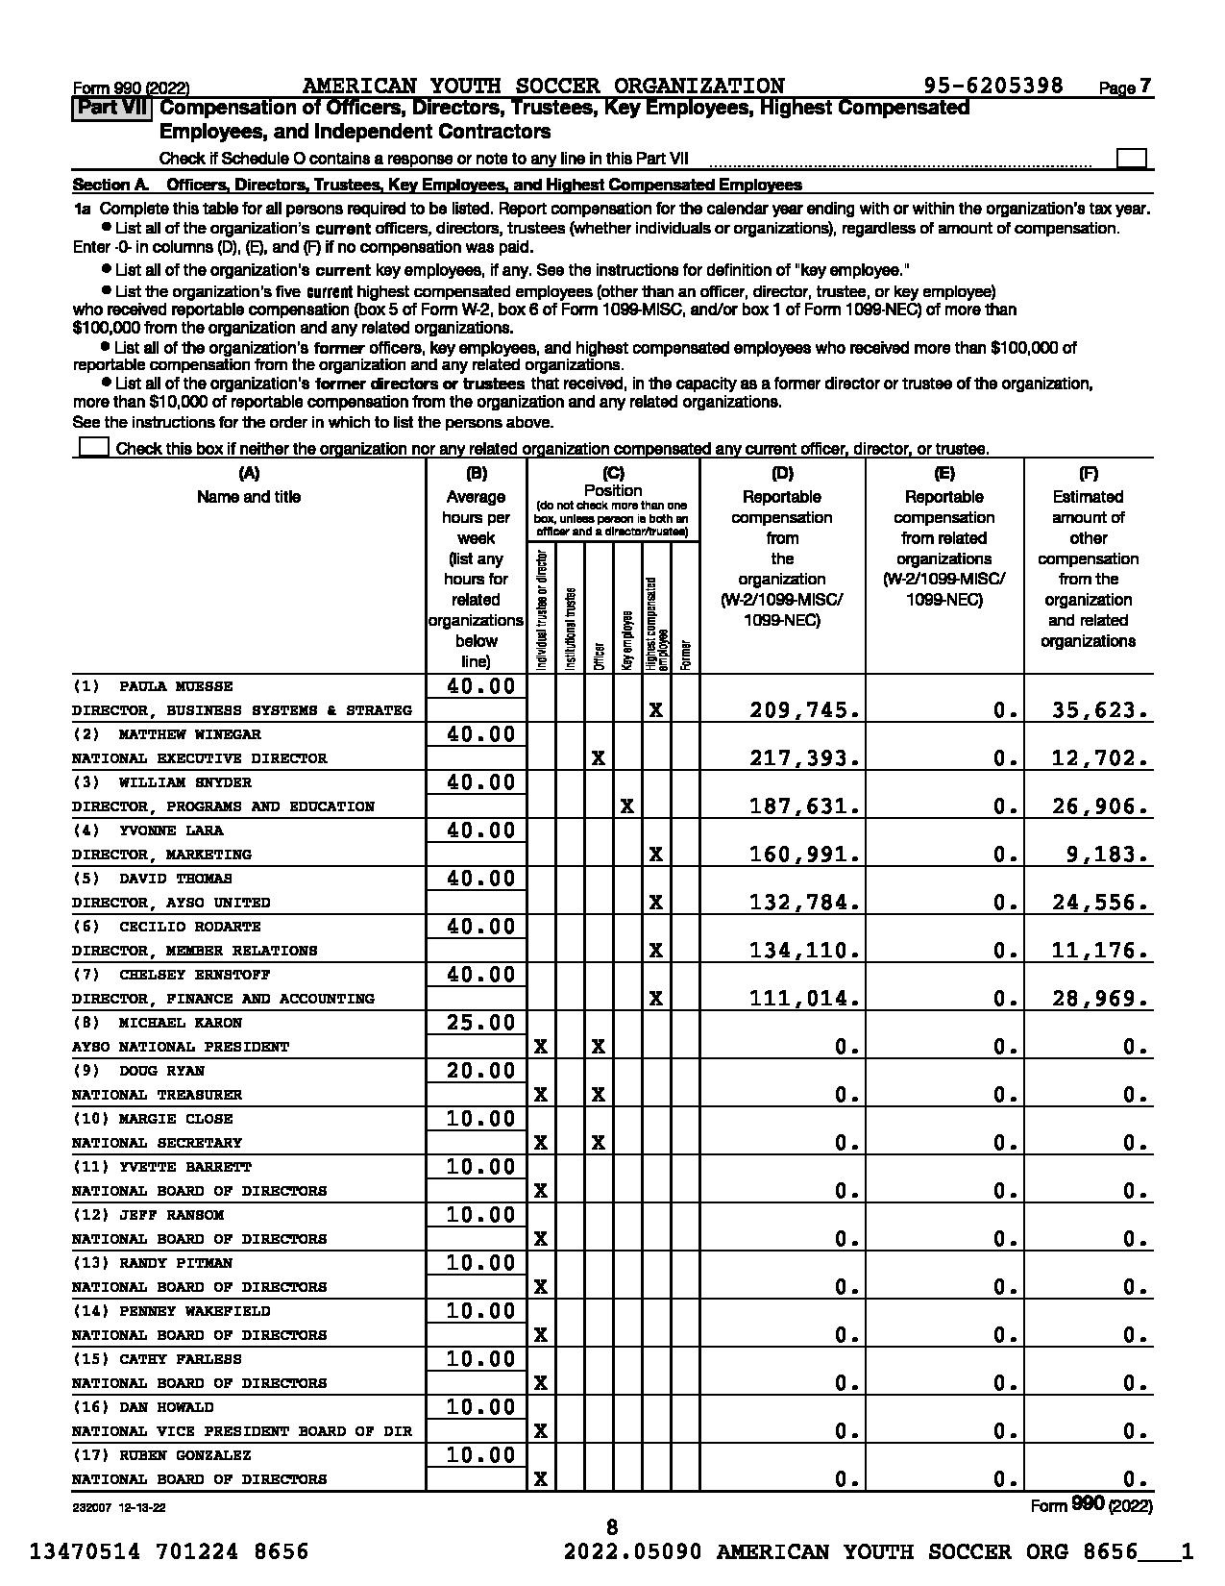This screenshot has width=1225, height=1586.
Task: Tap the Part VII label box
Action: click(111, 108)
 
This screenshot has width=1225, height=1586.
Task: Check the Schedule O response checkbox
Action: click(1132, 159)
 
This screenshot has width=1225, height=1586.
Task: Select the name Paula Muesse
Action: click(176, 686)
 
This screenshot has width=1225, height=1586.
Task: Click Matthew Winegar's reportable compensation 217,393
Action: click(804, 758)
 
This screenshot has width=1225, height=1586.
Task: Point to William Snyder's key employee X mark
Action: click(626, 806)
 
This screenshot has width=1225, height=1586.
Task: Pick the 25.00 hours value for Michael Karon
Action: click(481, 1023)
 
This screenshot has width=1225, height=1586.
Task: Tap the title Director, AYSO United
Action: click(171, 903)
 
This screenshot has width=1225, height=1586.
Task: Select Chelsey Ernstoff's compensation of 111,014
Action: click(804, 999)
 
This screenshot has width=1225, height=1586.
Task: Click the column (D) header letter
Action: click(782, 473)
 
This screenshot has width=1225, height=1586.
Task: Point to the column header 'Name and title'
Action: click(249, 497)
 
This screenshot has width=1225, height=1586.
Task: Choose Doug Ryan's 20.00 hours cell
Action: click(481, 1071)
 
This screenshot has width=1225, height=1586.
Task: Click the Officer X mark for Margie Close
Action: click(598, 1143)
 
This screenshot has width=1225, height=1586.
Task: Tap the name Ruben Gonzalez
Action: click(184, 1455)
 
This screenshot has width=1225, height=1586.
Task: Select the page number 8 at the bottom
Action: click(612, 1527)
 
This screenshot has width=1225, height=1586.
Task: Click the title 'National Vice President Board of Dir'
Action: click(242, 1431)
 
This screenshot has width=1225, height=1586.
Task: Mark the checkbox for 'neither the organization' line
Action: click(93, 448)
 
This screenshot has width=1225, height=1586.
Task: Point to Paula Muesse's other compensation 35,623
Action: click(1100, 710)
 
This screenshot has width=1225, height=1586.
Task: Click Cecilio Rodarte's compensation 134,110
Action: click(804, 951)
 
